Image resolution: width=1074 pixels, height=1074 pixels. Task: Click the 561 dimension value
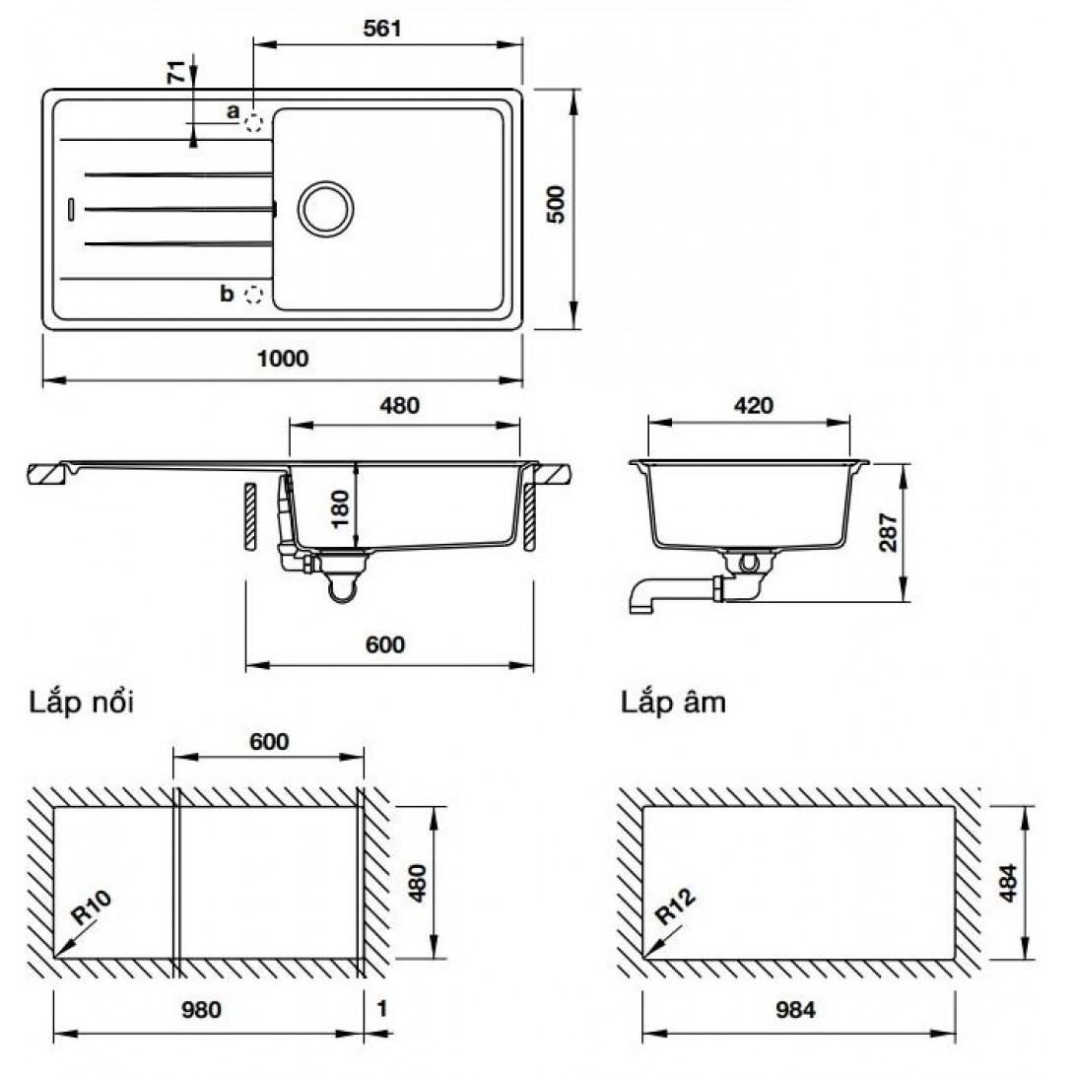382,29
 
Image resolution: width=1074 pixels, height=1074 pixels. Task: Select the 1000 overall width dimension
283,359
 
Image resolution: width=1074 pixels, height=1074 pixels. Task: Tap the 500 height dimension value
556,204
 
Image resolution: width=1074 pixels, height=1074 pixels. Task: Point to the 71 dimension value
176,72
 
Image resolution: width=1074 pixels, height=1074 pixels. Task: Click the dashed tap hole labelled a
254,123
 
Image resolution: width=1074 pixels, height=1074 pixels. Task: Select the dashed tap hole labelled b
254,295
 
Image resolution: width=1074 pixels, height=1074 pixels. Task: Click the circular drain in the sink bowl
325,209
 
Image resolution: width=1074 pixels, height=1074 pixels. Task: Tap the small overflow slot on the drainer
71,209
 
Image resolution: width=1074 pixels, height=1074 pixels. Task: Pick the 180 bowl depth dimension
340,508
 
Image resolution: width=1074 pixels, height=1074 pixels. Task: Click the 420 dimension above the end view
754,406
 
